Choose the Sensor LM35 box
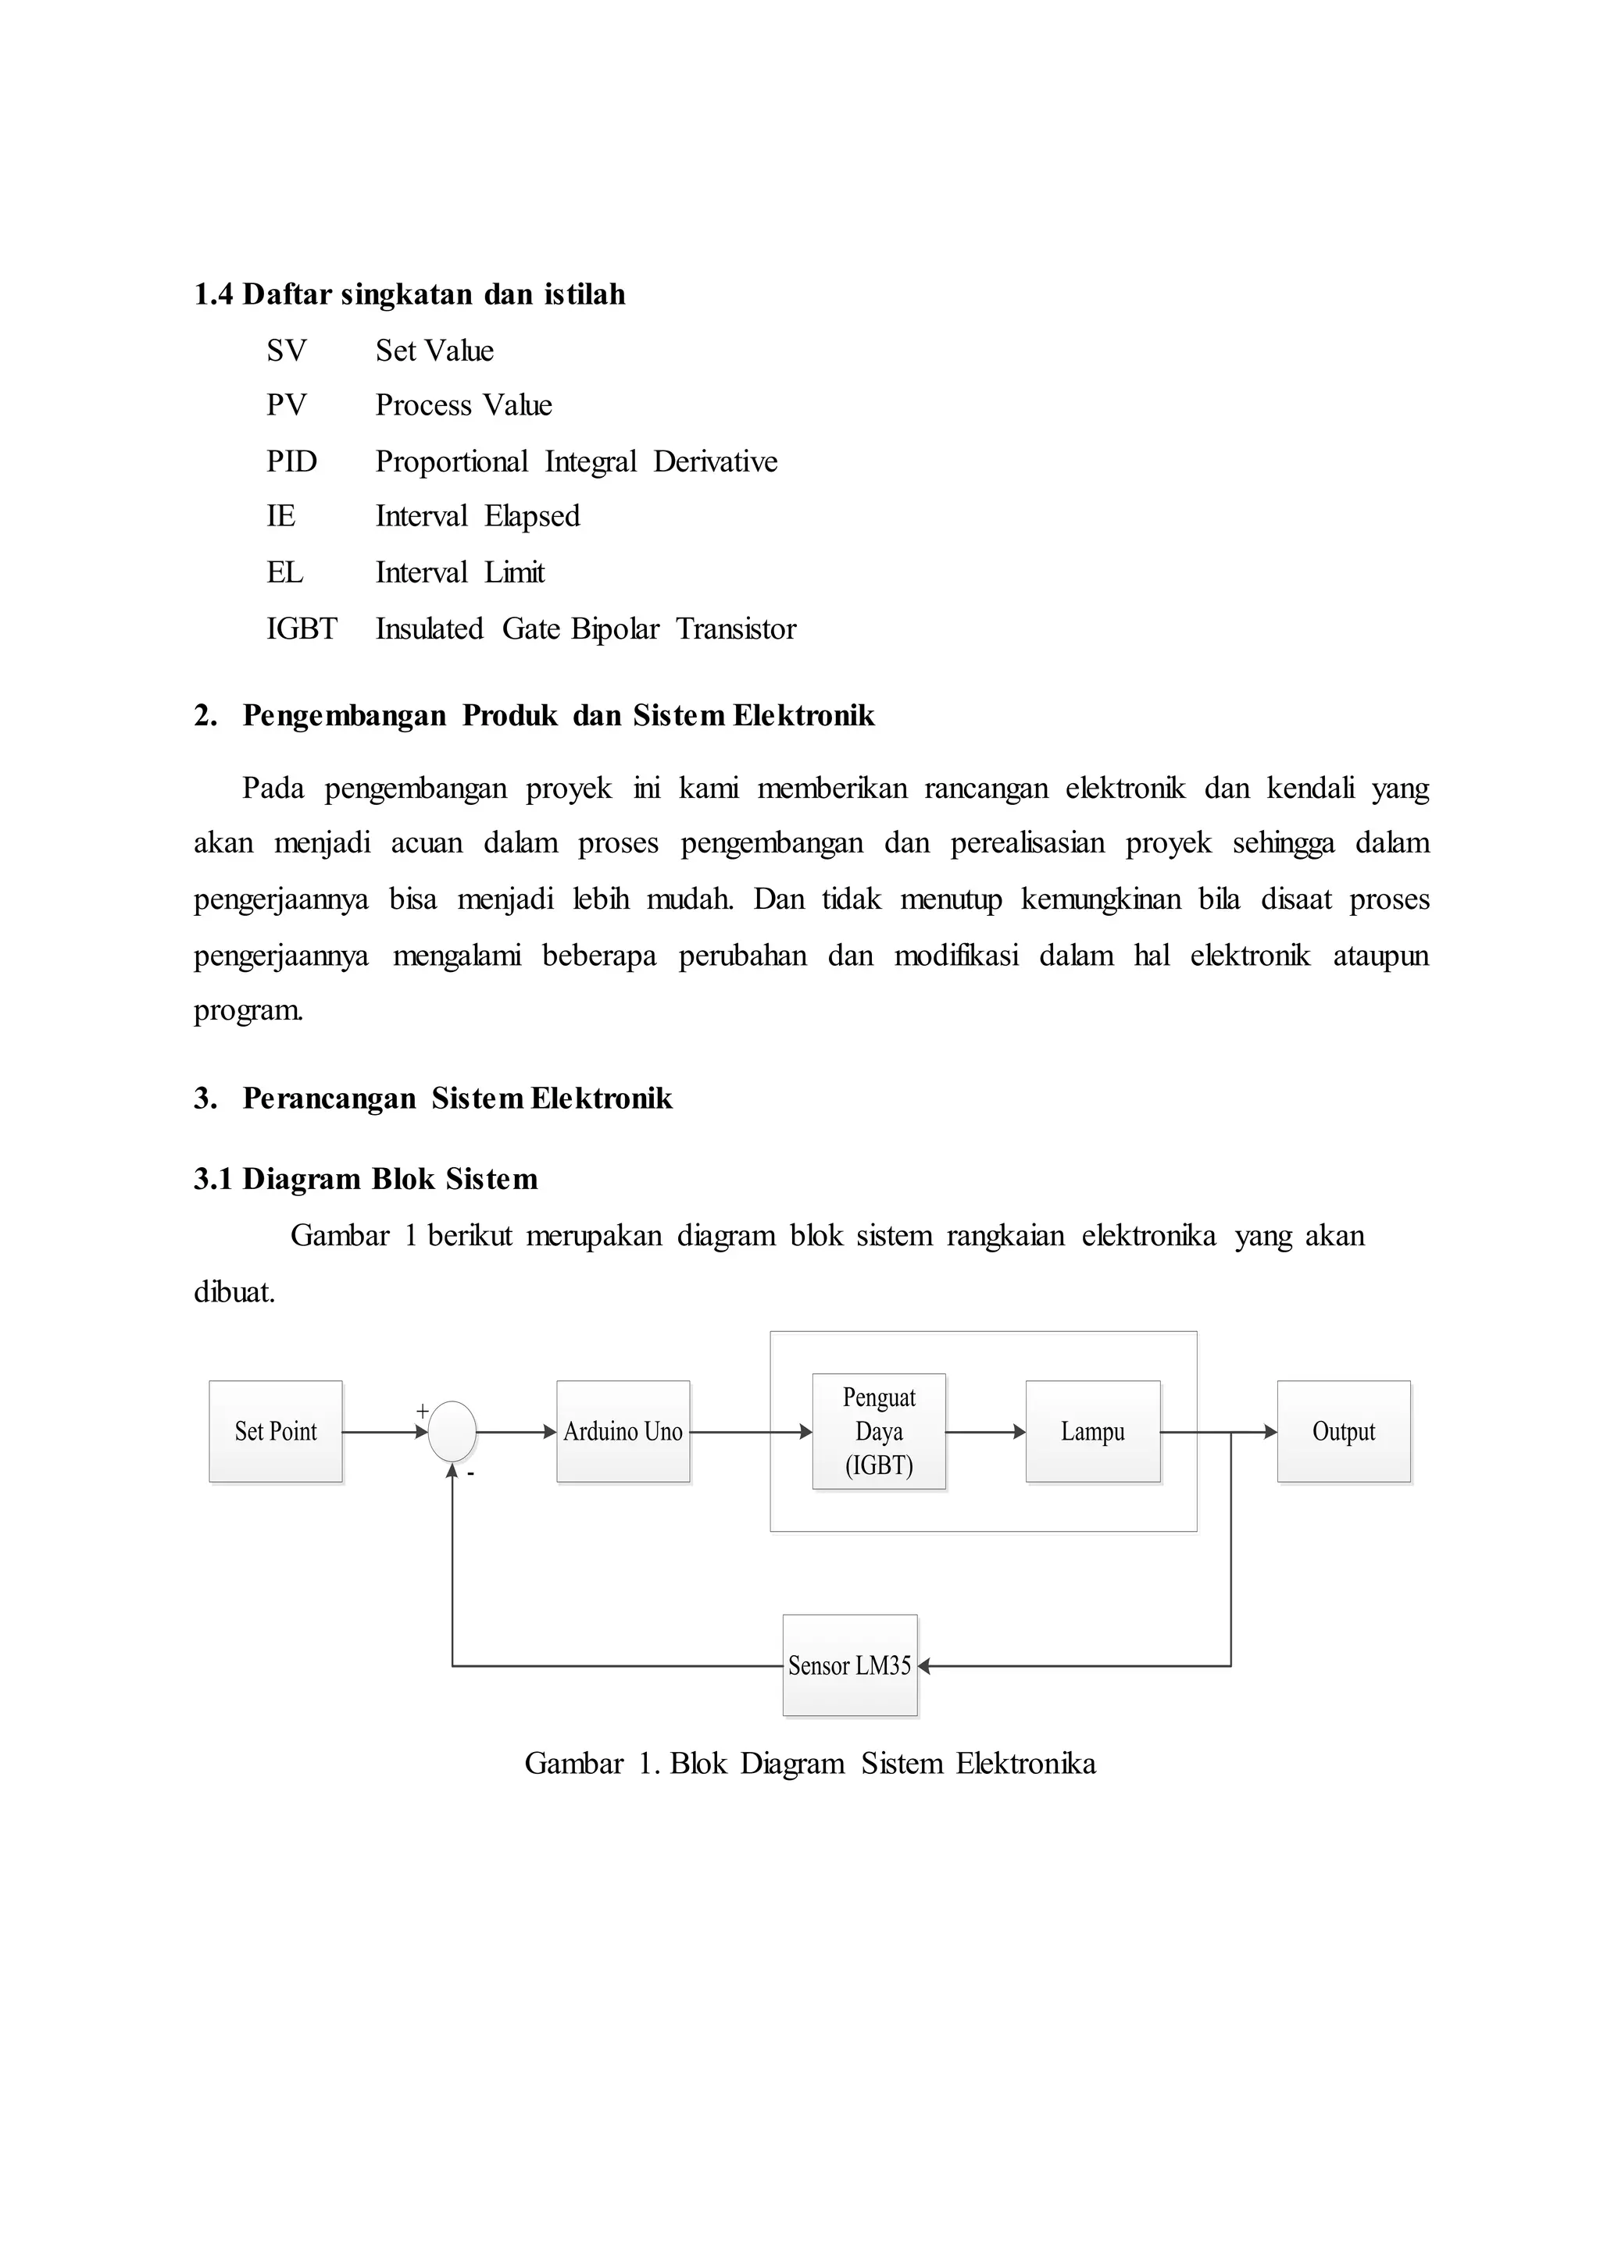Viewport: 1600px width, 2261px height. [849, 1665]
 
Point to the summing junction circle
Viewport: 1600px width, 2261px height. [452, 1432]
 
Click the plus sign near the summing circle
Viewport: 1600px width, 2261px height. [423, 1411]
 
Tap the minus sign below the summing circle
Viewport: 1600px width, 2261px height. [471, 1474]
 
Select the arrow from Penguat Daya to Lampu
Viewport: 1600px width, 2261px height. [985, 1432]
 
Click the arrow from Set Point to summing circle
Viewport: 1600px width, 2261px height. [384, 1432]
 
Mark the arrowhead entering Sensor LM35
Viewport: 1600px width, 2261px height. [924, 1666]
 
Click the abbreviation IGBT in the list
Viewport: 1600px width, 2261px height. [302, 628]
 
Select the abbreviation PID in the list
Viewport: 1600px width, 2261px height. [291, 461]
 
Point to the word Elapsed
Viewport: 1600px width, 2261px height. [532, 516]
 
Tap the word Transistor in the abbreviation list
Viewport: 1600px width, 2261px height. [736, 628]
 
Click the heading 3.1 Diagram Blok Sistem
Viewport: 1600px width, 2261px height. [366, 1179]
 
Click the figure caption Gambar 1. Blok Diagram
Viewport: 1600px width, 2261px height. [810, 1763]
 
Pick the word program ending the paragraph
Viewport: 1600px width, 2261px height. [248, 1010]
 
